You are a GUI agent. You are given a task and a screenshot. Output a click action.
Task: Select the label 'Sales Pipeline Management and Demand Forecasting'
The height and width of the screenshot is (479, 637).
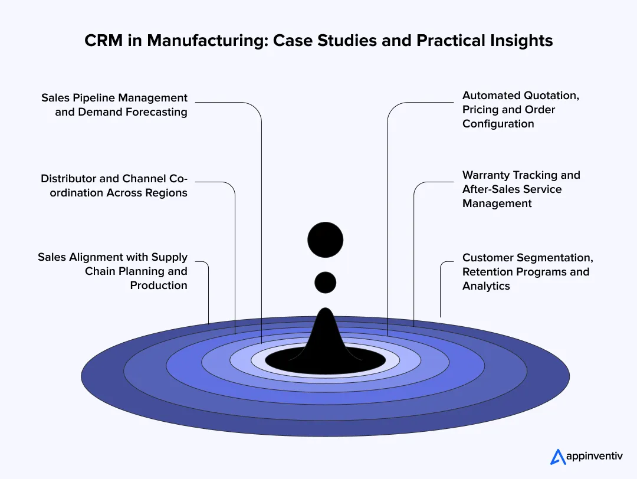(114, 105)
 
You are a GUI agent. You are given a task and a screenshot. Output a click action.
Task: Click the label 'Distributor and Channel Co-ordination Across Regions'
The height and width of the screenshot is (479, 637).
(114, 186)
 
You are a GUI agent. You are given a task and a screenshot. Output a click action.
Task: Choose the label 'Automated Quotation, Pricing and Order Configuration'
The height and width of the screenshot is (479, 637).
(520, 110)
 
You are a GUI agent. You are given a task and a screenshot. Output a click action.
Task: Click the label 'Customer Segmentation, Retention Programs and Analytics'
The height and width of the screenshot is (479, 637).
(527, 272)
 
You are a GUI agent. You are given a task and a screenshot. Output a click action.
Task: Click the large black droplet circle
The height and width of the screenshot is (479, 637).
(325, 240)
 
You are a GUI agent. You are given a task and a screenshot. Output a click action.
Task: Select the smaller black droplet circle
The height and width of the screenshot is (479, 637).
(325, 283)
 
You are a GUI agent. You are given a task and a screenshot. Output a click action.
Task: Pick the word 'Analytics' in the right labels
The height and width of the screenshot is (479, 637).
(486, 286)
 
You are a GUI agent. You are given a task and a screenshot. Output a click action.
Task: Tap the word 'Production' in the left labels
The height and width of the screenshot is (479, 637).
(159, 286)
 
